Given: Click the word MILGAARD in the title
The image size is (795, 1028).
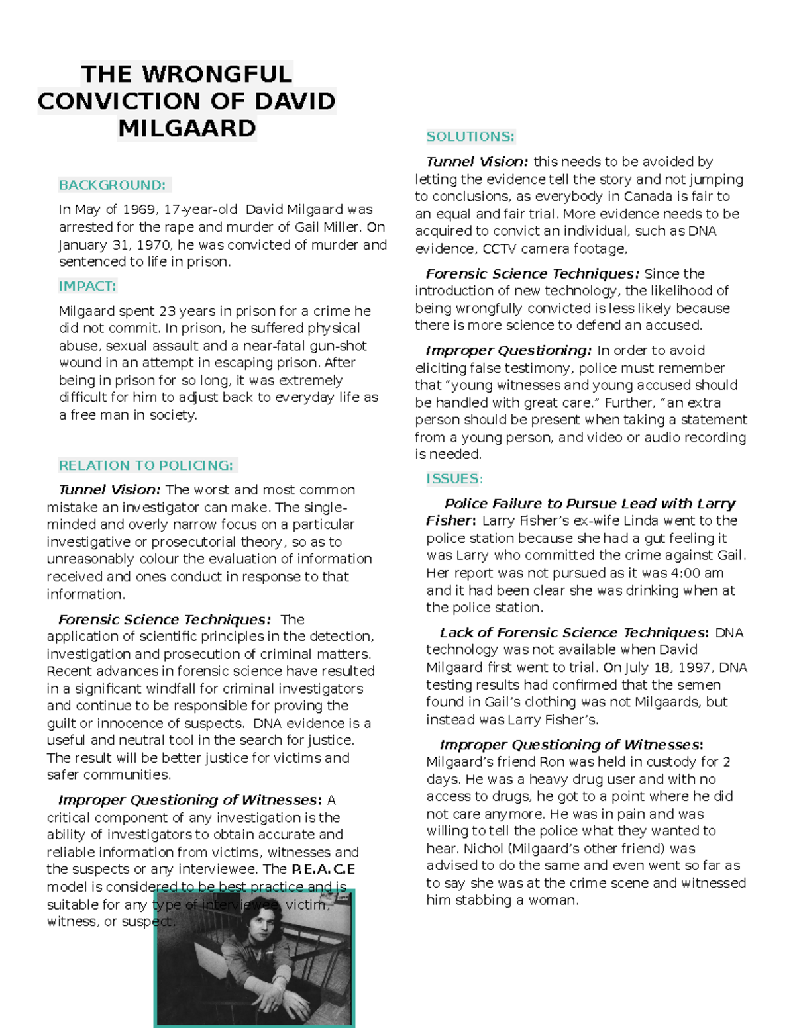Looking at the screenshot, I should coord(187,128).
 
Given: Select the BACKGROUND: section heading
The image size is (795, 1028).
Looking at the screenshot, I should coord(113,185).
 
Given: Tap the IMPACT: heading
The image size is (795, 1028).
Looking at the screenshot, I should coord(87,286).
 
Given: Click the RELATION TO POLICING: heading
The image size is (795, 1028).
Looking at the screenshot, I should coord(146,465).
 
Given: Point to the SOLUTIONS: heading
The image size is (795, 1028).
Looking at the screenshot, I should coord(470,136).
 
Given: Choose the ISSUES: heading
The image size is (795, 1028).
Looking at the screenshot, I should coord(454,479).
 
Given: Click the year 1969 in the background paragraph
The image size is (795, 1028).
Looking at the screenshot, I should coord(139,210).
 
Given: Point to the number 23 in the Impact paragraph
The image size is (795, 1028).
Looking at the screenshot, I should coord(167,311).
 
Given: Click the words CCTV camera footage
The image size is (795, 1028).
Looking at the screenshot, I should coord(554,249).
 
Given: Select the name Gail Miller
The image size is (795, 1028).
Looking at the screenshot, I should coord(327,227).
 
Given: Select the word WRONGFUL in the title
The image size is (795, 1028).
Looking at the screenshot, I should coord(217,73).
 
